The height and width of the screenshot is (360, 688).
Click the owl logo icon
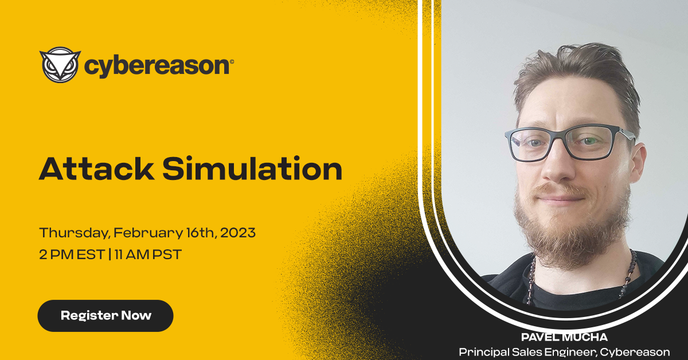coord(60,65)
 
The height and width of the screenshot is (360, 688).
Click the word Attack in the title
coord(96,169)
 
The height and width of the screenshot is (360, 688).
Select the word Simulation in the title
coord(252,169)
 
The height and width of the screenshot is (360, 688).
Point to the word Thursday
coord(75,233)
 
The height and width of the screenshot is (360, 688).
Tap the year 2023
coord(238,233)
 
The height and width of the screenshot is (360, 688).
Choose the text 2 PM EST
coord(72,255)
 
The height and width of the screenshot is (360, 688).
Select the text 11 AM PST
coord(148,255)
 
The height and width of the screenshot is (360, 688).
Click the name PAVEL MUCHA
coord(564,337)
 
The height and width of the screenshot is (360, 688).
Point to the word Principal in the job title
coord(484,352)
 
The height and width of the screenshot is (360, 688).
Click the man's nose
coord(557,166)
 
